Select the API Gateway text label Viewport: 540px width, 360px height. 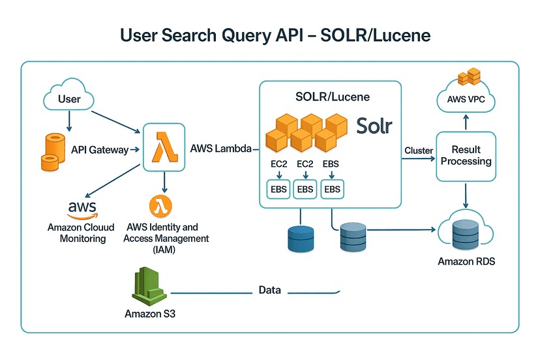(100, 150)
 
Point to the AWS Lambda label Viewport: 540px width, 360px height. (221, 148)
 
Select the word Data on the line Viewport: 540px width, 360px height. (269, 290)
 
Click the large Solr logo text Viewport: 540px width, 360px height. (374, 125)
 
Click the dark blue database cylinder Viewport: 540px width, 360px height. (301, 237)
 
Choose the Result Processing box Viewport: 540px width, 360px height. (466, 156)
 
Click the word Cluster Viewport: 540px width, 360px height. (419, 151)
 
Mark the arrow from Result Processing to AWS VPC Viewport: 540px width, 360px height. (466, 122)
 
